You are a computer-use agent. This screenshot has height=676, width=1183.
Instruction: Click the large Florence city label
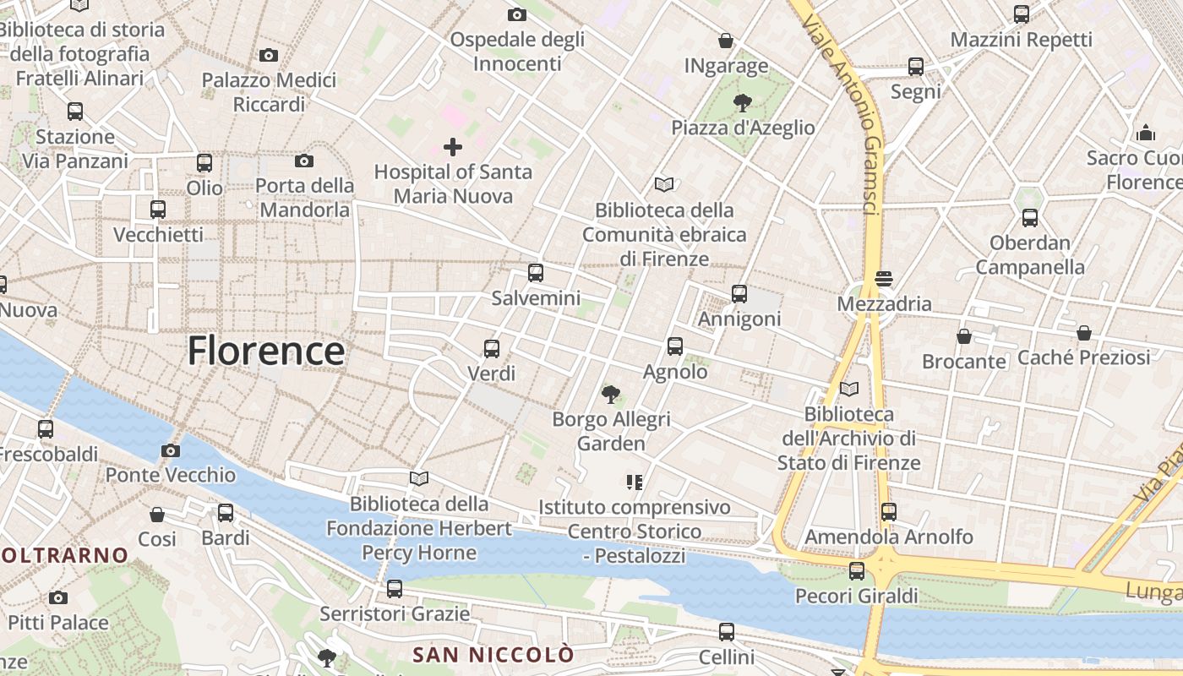(266, 351)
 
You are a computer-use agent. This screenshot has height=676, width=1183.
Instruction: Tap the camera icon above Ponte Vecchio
(171, 450)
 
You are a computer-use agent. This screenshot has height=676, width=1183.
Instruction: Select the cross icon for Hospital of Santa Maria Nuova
(453, 147)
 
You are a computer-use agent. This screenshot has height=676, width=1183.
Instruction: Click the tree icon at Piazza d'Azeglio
(743, 103)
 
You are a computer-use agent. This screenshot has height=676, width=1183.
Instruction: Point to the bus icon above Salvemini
(536, 273)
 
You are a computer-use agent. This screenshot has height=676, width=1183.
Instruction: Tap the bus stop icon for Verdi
(492, 348)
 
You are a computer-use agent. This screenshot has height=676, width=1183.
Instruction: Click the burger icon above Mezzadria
(885, 279)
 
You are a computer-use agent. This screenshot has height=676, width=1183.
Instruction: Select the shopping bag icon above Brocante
(964, 336)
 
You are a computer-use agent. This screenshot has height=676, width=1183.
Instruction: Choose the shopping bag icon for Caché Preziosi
(1083, 333)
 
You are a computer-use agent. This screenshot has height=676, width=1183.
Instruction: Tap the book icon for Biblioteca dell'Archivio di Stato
(849, 389)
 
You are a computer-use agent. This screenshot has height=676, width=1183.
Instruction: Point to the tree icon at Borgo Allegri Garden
(611, 394)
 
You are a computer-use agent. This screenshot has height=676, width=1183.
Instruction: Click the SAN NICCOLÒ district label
(493, 654)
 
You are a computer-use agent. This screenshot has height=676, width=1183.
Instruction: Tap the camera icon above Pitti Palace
(58, 597)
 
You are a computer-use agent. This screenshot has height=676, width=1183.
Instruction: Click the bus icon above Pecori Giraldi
(857, 571)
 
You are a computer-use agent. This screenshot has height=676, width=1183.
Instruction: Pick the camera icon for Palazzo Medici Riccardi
(269, 55)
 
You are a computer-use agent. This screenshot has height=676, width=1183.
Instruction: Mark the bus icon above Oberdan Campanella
(1030, 218)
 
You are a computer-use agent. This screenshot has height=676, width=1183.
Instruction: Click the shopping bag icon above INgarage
(726, 41)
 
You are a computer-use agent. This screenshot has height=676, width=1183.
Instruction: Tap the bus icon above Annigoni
(739, 294)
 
